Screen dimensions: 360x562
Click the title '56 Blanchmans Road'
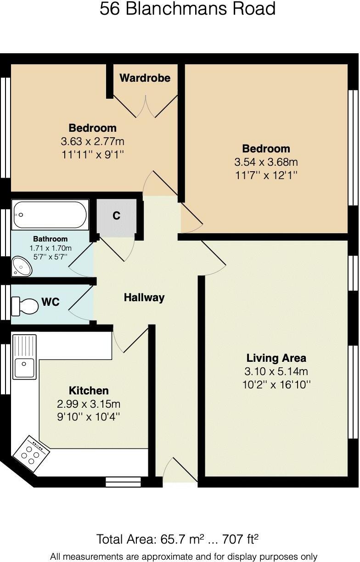(187, 9)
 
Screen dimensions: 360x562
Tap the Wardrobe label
(145, 78)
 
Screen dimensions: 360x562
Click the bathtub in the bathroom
(50, 215)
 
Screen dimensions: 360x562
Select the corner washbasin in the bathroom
(22, 266)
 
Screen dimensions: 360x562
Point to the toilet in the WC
(25, 306)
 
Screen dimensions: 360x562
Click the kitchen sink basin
(24, 368)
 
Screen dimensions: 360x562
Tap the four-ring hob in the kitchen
(31, 454)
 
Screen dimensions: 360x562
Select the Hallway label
(144, 298)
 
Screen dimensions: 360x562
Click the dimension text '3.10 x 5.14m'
(276, 371)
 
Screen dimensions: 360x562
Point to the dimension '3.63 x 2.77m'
(93, 141)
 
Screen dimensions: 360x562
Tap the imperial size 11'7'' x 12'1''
(266, 175)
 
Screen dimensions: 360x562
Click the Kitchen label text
(89, 391)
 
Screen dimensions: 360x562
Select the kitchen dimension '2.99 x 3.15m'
(89, 404)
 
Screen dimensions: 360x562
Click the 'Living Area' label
(276, 358)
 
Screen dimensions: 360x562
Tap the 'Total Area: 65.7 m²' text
(150, 540)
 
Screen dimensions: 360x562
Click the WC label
(51, 302)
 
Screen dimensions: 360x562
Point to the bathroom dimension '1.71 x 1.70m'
(51, 248)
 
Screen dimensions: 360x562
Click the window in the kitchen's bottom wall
(123, 482)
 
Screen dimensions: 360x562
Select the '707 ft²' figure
(240, 540)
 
